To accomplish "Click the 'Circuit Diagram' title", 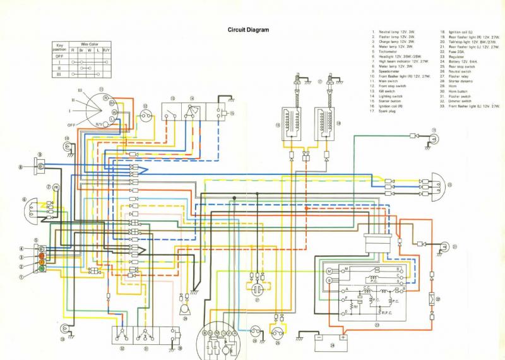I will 248,30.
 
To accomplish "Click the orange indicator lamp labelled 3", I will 42,257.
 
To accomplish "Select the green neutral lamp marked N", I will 42,268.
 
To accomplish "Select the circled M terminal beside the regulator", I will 329,270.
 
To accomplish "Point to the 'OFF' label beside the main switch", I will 71,125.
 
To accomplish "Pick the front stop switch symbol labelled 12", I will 146,116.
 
